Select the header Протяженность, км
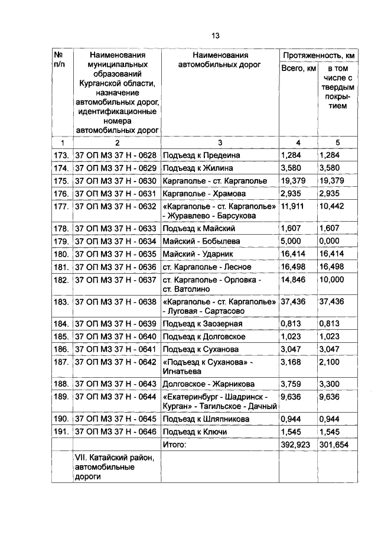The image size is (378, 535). click(x=318, y=56)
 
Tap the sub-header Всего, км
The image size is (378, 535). click(x=298, y=70)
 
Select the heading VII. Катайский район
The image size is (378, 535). click(x=113, y=458)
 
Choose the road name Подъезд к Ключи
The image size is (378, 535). click(x=195, y=432)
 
